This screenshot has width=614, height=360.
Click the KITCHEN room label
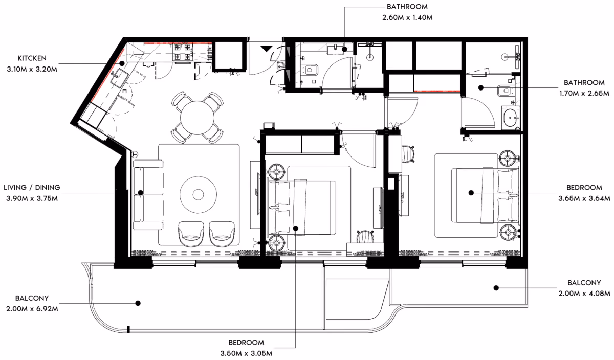(32, 58)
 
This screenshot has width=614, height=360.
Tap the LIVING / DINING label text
(32, 187)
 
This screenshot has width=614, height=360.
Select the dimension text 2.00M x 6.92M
(32, 309)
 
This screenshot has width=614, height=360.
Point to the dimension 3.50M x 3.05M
(246, 353)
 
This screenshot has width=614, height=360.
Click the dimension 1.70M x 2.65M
(584, 93)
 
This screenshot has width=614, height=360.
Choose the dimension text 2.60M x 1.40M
(407, 17)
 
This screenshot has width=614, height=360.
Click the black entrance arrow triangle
(266, 49)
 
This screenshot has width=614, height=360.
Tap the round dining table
(197, 118)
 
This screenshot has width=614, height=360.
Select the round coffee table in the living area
(198, 195)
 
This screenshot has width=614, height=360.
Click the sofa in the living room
(148, 194)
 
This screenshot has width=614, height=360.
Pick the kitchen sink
(119, 78)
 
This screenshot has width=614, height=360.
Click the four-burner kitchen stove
(182, 52)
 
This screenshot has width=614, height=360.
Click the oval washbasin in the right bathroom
(510, 118)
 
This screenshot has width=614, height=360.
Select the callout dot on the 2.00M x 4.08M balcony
(496, 288)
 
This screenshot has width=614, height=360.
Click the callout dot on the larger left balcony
(138, 303)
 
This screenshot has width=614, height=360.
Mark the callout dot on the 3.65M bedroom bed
(471, 193)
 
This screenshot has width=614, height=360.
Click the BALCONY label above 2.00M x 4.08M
(584, 283)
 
